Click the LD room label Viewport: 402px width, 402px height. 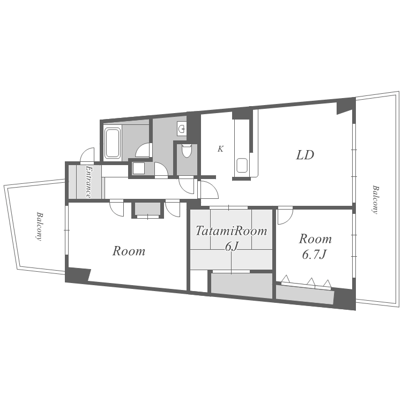[x=305, y=155]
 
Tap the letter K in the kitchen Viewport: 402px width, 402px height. [x=220, y=149]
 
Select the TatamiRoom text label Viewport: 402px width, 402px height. [x=231, y=231]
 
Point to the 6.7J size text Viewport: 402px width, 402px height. [x=315, y=255]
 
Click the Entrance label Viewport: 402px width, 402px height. [x=88, y=182]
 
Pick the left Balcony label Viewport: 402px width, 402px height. [x=39, y=226]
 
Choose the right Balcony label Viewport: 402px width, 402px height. [x=375, y=199]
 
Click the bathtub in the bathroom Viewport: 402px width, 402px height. [x=113, y=143]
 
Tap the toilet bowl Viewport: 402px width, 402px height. [x=187, y=151]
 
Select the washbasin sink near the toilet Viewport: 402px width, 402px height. [x=182, y=129]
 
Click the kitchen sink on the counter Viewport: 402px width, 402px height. [x=242, y=165]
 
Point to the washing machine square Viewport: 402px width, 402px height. [x=138, y=168]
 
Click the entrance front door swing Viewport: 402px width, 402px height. [x=87, y=155]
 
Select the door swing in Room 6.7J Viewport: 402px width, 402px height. [x=285, y=216]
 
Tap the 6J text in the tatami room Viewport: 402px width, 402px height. [x=231, y=247]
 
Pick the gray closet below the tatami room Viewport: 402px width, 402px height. [x=241, y=285]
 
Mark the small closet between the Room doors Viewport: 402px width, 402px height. [x=147, y=209]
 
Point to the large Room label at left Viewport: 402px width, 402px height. [x=129, y=251]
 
